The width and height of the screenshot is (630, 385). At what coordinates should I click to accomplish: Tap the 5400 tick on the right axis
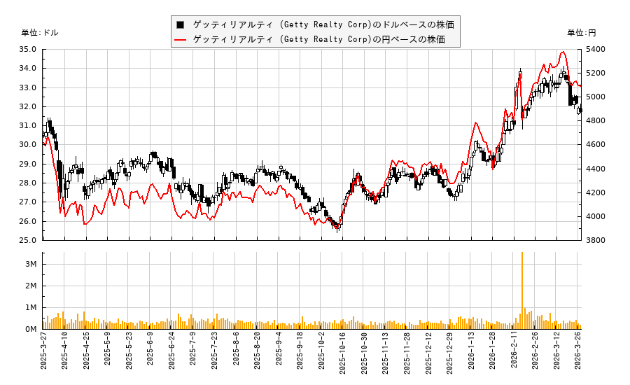[x=595, y=50]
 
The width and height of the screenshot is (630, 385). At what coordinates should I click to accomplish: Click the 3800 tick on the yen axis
[x=595, y=240]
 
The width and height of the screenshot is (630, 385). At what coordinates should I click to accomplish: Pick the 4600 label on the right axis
[x=595, y=145]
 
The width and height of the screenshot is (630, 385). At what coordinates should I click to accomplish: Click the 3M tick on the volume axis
[x=31, y=264]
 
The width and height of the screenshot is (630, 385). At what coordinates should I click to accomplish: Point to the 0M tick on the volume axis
[x=31, y=329]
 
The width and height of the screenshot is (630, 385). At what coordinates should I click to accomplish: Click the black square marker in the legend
[x=181, y=24]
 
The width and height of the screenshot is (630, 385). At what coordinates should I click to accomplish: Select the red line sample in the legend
[x=181, y=39]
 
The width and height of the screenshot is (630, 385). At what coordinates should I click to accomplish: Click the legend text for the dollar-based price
[x=323, y=24]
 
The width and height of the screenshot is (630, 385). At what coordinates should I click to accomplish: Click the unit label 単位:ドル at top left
[x=40, y=33]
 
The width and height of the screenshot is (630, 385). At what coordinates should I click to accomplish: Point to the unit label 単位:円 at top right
[x=582, y=33]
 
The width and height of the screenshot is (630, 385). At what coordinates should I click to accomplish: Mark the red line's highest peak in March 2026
[x=562, y=52]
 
